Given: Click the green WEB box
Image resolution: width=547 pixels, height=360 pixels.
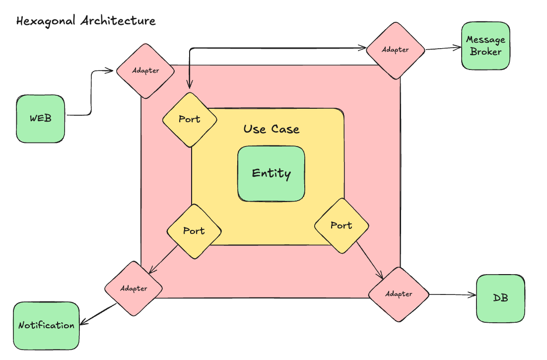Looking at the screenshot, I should [40, 119].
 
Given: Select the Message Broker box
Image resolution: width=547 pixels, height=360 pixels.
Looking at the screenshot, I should [485, 45].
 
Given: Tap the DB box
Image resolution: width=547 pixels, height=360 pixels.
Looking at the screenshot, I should [500, 298].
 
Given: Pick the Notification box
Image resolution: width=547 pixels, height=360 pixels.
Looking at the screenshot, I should [46, 326].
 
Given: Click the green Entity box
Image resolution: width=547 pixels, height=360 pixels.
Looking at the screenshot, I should [271, 173].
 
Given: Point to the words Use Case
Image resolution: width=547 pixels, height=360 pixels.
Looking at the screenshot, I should [272, 129].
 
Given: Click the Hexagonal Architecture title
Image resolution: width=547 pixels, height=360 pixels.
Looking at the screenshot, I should [86, 21].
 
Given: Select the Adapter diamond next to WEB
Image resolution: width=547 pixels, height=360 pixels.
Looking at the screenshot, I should [145, 71].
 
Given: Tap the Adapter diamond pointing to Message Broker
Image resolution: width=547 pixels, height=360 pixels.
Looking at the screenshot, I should [395, 50].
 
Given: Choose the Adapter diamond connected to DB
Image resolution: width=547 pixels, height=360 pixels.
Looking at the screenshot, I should [398, 294].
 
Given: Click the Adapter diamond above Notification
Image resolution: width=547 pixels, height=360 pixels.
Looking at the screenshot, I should [134, 288].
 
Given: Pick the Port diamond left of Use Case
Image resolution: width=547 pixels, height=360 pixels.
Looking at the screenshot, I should [190, 119].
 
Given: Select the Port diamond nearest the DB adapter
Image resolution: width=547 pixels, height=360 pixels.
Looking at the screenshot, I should [342, 225].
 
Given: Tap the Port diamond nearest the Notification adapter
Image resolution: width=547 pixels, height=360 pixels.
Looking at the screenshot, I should [194, 231].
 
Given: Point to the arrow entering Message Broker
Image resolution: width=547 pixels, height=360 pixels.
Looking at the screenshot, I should [443, 48].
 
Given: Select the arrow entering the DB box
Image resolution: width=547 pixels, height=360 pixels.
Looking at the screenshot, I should [452, 295].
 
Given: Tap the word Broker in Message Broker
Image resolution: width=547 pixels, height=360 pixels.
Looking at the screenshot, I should [485, 52].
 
